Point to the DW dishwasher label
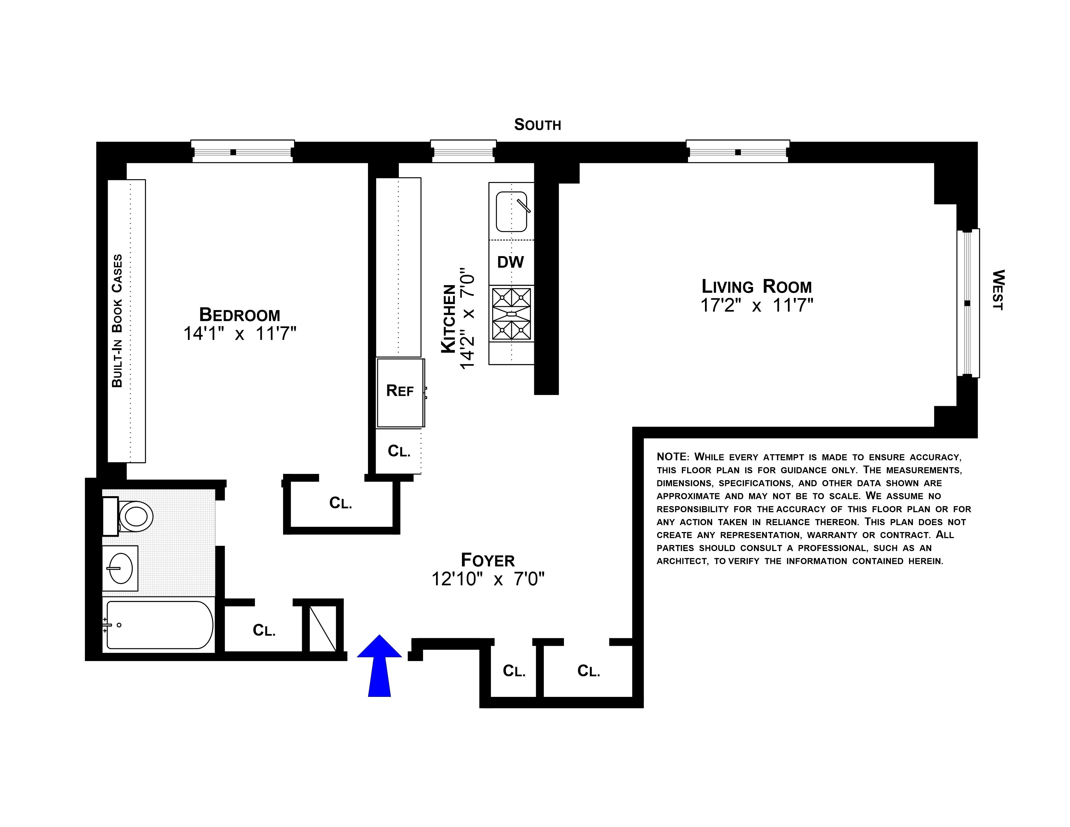tap(510, 262)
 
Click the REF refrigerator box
tap(400, 391)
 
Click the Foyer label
tap(488, 560)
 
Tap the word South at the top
tap(537, 125)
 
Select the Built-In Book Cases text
tap(117, 321)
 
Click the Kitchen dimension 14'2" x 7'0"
tap(468, 318)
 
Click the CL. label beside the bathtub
tap(264, 630)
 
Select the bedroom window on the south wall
tap(243, 152)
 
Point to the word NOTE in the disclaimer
tap(672, 457)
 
